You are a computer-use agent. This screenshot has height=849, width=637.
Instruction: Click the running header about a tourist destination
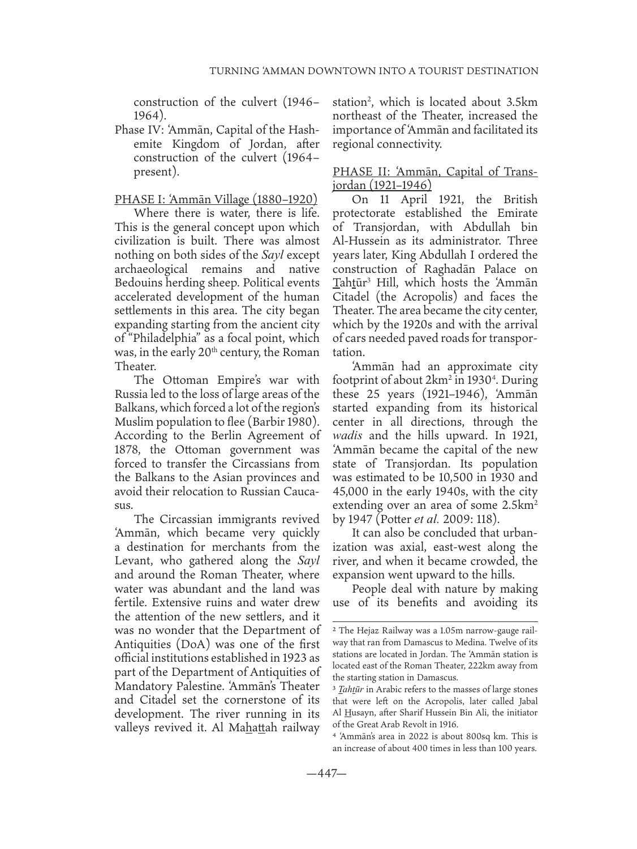(x=374, y=71)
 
